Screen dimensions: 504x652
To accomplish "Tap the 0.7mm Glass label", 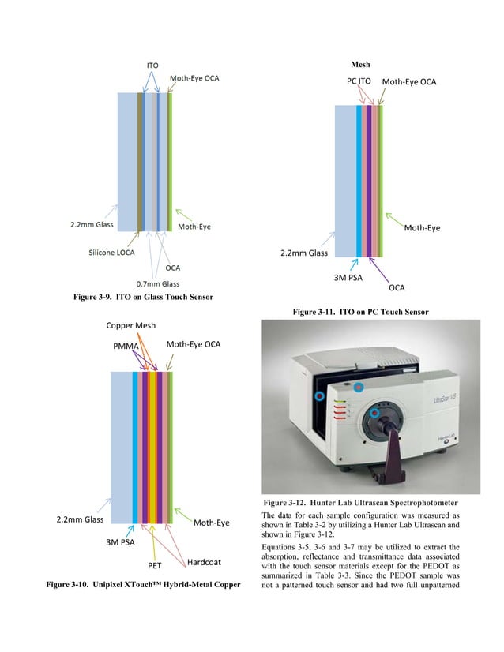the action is point(158,283).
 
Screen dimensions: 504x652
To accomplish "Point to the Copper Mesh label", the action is point(131,325).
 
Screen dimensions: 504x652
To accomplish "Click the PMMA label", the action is point(125,345).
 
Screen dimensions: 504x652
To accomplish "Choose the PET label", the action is point(155,565).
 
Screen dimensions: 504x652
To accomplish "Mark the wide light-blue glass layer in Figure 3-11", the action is point(345,182).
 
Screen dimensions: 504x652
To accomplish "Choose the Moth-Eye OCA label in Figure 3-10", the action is point(194,345).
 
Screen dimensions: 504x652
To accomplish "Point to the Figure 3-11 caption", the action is point(361,313).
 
